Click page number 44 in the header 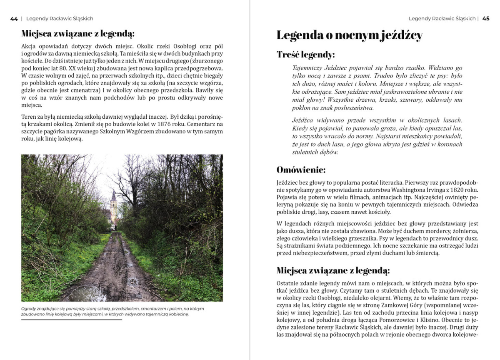tap(14, 18)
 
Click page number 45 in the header tap(486, 18)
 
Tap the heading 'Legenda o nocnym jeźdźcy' tap(349, 35)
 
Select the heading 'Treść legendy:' tap(305, 54)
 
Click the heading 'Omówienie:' tap(301, 170)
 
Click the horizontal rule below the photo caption tap(71, 320)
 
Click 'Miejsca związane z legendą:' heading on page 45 tap(333, 270)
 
